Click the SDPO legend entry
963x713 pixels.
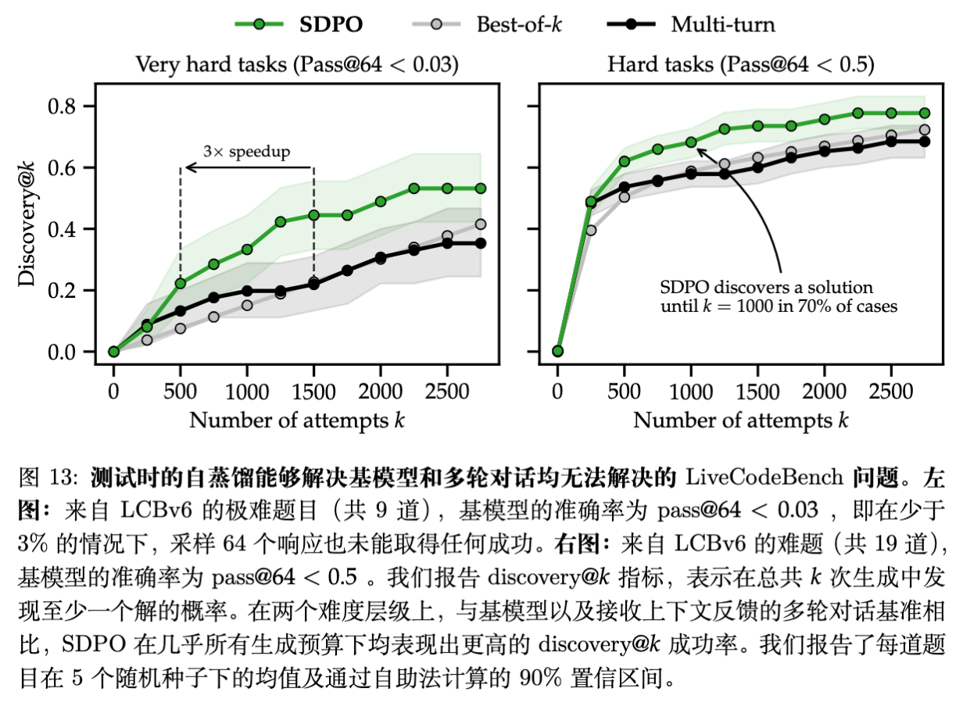click(x=299, y=24)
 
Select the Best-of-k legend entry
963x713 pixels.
click(x=486, y=24)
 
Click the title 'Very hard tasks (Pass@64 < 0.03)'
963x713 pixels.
click(x=297, y=65)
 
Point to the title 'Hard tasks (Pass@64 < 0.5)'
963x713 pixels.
click(x=740, y=65)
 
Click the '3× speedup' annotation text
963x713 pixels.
click(x=246, y=152)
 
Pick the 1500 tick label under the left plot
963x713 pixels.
click(x=313, y=389)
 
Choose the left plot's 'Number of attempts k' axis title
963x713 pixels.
click(x=297, y=420)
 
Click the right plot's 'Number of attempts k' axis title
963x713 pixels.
click(x=740, y=420)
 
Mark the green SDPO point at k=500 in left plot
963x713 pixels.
click(x=181, y=283)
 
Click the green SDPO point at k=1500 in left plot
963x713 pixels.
click(x=313, y=215)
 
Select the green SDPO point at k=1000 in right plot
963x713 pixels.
click(x=690, y=142)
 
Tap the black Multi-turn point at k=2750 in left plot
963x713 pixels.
click(x=480, y=243)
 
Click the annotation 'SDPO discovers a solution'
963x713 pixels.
click(x=777, y=288)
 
